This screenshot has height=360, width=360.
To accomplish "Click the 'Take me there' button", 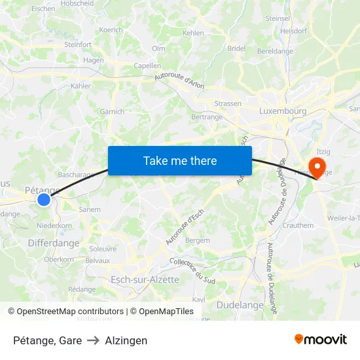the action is (180, 160).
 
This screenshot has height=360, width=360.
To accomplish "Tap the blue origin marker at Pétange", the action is (44, 199).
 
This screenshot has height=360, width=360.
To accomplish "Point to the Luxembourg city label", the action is (283, 111).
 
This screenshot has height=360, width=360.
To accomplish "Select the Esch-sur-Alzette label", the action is (145, 279).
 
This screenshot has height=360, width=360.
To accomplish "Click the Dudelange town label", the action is (240, 304).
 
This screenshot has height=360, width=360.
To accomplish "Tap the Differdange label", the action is (54, 243).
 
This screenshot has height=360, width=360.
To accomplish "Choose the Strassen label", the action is (228, 103).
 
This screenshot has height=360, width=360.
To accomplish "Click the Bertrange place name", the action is (207, 116).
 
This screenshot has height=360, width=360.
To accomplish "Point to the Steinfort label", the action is (78, 45).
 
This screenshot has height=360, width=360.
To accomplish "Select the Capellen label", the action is (147, 65).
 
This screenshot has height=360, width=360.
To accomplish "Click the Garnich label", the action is (112, 112).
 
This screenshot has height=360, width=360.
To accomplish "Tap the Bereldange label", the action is (275, 50).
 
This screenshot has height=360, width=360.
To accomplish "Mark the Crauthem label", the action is (298, 225).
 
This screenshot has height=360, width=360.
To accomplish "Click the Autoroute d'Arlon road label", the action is (180, 80).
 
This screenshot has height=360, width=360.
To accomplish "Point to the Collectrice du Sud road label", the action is (192, 270).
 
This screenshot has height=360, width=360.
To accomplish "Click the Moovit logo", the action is (321, 339).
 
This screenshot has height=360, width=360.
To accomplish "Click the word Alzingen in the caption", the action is (126, 340).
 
